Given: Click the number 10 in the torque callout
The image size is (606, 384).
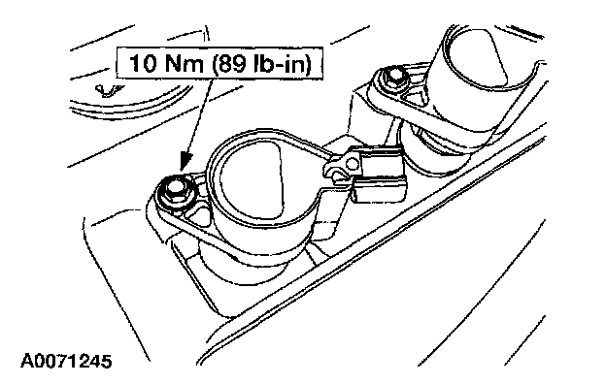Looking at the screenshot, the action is pyautogui.click(x=142, y=63).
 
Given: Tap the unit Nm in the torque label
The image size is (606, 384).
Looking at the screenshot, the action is pyautogui.click(x=184, y=63).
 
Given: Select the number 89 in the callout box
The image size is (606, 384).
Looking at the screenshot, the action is pyautogui.click(x=232, y=63).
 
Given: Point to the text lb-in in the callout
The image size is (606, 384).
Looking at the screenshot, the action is pyautogui.click(x=279, y=63).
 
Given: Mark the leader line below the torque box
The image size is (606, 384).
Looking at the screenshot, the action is pyautogui.click(x=199, y=117).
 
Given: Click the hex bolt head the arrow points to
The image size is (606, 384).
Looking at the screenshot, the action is pyautogui.click(x=174, y=189).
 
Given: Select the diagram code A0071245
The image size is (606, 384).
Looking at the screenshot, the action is pyautogui.click(x=66, y=362).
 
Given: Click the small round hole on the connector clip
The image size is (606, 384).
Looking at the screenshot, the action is pyautogui.click(x=352, y=165).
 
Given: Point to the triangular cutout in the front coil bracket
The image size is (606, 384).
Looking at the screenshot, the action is pyautogui.click(x=201, y=214).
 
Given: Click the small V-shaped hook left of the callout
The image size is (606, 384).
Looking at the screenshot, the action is pyautogui.click(x=106, y=91).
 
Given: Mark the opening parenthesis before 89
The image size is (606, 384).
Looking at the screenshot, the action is pyautogui.click(x=215, y=64).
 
